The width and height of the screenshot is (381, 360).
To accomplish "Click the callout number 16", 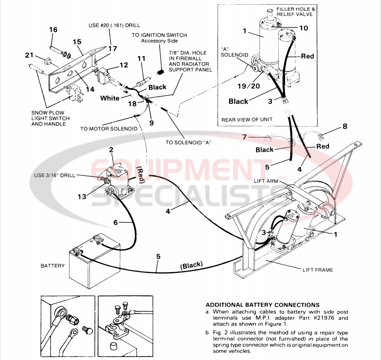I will coord(53,30).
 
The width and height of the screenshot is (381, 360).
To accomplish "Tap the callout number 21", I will coord(29,55).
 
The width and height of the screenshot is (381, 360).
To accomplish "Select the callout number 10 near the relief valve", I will coord(304,28).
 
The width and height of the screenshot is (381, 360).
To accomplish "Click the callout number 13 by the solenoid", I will coord(82,196).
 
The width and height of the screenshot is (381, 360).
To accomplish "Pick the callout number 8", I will coord(345,126).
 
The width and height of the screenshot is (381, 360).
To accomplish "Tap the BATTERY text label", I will coord(53,265).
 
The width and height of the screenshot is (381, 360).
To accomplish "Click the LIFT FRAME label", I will coord(318,270).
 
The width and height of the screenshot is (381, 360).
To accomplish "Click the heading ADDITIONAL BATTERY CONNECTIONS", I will coord(263,305).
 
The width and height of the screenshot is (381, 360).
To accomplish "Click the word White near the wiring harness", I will coord(110,98).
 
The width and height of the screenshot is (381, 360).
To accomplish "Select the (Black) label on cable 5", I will coord(191,265).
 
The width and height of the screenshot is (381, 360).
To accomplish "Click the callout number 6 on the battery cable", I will coord(115,222).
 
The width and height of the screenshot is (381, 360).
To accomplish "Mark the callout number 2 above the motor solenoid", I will coord(111,149).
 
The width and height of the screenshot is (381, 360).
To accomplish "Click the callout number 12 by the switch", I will coord(123,65).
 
